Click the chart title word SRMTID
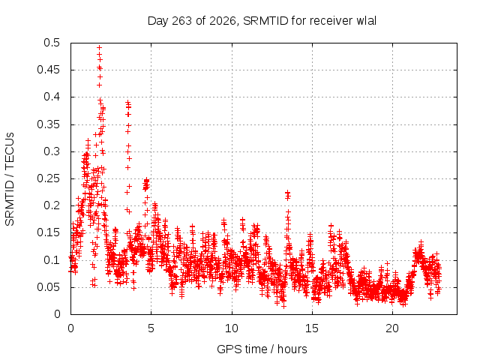[265, 21]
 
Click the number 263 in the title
[183, 21]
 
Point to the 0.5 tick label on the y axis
[52, 43]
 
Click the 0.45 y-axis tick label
[48, 70]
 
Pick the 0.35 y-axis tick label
[48, 124]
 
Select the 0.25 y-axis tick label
[48, 178]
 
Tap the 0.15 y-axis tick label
[48, 232]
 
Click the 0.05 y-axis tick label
[48, 287]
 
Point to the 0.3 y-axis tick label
[52, 151]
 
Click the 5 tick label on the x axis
[151, 328]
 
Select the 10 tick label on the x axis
[232, 328]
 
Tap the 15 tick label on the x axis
[312, 328]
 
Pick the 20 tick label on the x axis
[392, 328]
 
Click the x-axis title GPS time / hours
[262, 349]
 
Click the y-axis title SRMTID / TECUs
[10, 179]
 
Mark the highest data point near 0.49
[99, 47]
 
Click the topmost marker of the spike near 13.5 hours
[287, 193]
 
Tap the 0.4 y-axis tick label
[52, 97]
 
